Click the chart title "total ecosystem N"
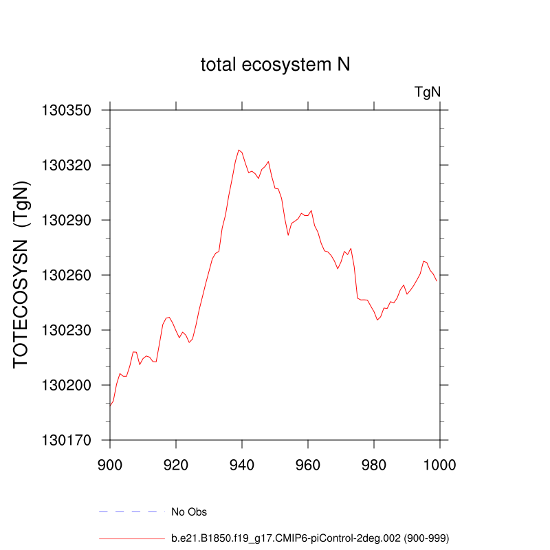pyautogui.click(x=276, y=65)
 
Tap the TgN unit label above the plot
pyautogui.click(x=427, y=91)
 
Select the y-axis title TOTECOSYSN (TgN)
pyautogui.click(x=22, y=275)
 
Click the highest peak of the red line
pyautogui.click(x=239, y=150)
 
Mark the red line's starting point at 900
pyautogui.click(x=110, y=406)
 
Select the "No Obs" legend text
pyautogui.click(x=189, y=512)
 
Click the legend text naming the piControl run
pyautogui.click(x=310, y=538)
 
